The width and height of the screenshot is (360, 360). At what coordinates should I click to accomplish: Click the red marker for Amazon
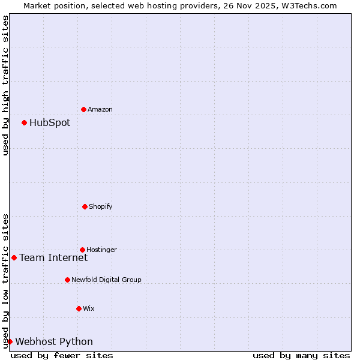point(83,109)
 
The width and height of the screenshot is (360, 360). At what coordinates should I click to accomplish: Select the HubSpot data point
point(24,122)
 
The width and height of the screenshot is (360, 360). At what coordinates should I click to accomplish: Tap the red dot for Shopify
point(85,206)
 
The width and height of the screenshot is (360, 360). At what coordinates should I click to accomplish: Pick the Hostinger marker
point(82,250)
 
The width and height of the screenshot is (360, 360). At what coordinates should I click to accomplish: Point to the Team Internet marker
point(14,257)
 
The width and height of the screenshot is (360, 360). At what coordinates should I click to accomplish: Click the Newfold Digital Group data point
point(67,280)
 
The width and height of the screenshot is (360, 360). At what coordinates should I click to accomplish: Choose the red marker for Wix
point(79,308)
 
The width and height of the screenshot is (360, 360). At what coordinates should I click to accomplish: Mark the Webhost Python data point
point(10,341)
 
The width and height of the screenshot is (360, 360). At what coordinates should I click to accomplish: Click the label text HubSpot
point(50,123)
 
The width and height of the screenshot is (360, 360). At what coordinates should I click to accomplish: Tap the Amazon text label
point(100,110)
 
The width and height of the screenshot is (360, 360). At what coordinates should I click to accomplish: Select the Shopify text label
point(100,207)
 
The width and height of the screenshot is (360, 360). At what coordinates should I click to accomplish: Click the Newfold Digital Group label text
point(106,280)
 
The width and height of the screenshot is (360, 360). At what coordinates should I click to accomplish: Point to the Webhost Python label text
point(54,342)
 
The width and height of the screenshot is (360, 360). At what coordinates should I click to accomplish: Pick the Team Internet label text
point(53,258)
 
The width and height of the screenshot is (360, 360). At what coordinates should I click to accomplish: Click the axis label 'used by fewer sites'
point(62,355)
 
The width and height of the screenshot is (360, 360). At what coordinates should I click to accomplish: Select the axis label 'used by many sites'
point(301,355)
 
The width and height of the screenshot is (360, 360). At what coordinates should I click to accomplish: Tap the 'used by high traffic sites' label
point(5,85)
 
